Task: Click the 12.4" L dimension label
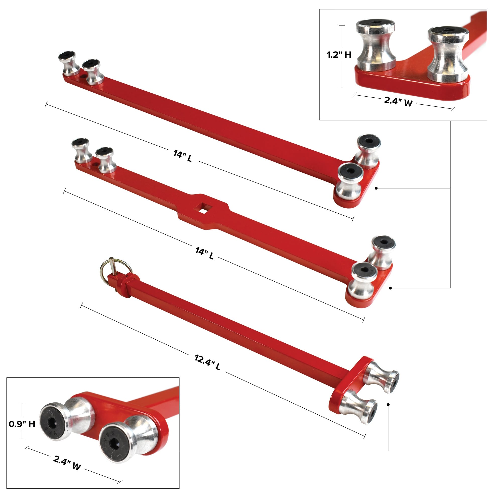(207, 362)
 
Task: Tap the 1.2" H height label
(339, 55)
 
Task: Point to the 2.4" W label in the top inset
(398, 101)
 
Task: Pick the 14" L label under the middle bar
(205, 253)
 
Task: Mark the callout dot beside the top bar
(376, 188)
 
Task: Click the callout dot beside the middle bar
(390, 288)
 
